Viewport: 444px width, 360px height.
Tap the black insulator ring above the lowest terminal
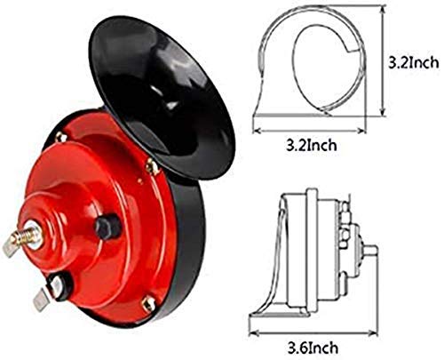pyautogui.click(x=60, y=285)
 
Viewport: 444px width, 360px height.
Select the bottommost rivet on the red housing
pyautogui.click(x=148, y=305)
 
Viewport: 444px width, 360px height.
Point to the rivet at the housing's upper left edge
pyautogui.click(x=59, y=137)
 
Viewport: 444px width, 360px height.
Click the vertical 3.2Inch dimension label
pyautogui.click(x=414, y=64)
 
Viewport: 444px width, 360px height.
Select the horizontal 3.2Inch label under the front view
pyautogui.click(x=309, y=142)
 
